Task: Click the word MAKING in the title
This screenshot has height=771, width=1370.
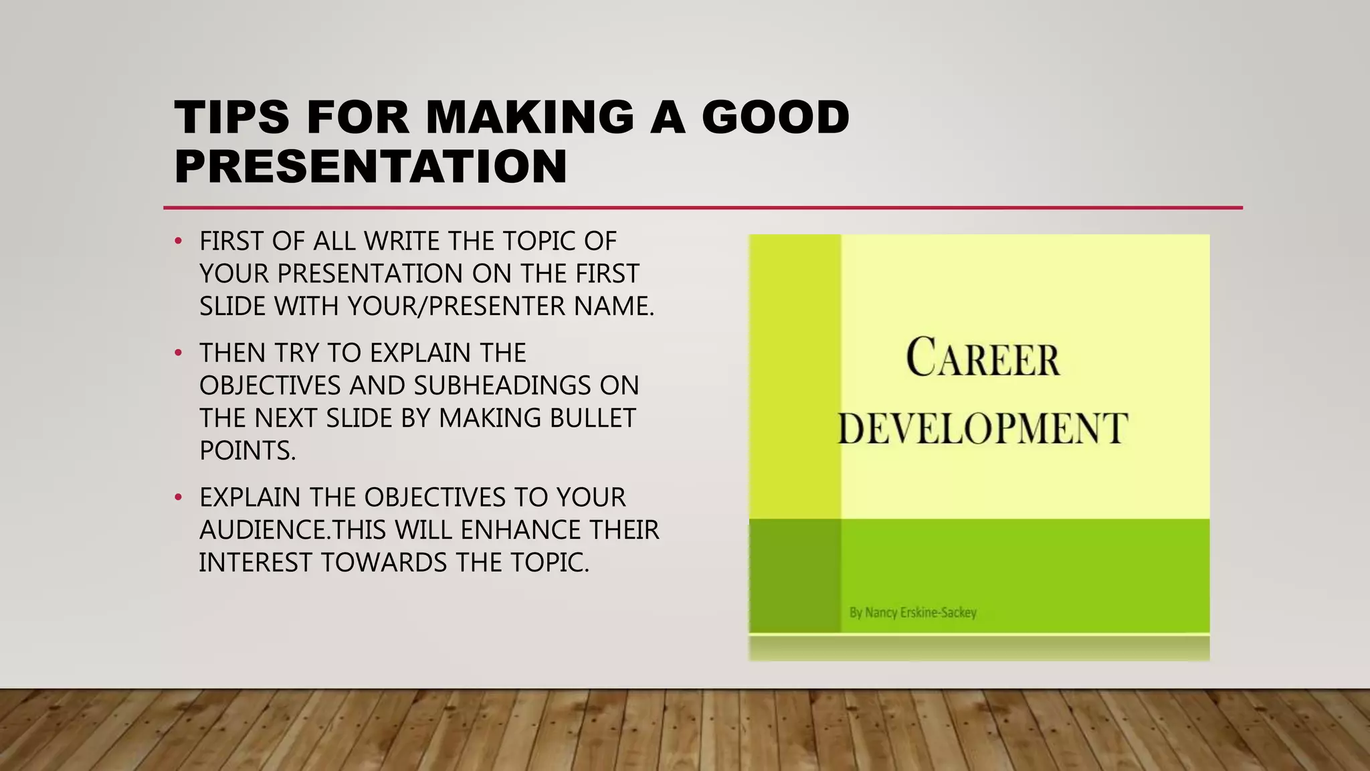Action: (529, 117)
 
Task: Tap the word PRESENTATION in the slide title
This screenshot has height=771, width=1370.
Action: (371, 166)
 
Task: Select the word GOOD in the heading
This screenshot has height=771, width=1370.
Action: (775, 117)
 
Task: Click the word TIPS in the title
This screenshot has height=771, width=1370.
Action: (231, 117)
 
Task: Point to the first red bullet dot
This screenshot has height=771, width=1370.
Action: (178, 241)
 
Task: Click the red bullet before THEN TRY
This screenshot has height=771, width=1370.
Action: (178, 353)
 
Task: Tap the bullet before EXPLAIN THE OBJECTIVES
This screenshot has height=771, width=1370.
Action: (178, 497)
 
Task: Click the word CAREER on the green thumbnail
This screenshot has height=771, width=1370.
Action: (983, 358)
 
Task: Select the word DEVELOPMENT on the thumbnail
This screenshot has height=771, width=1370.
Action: (983, 428)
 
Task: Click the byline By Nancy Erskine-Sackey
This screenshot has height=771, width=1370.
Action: (912, 612)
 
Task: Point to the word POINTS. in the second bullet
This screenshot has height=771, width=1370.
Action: (248, 450)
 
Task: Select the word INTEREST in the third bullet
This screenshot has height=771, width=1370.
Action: (256, 562)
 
